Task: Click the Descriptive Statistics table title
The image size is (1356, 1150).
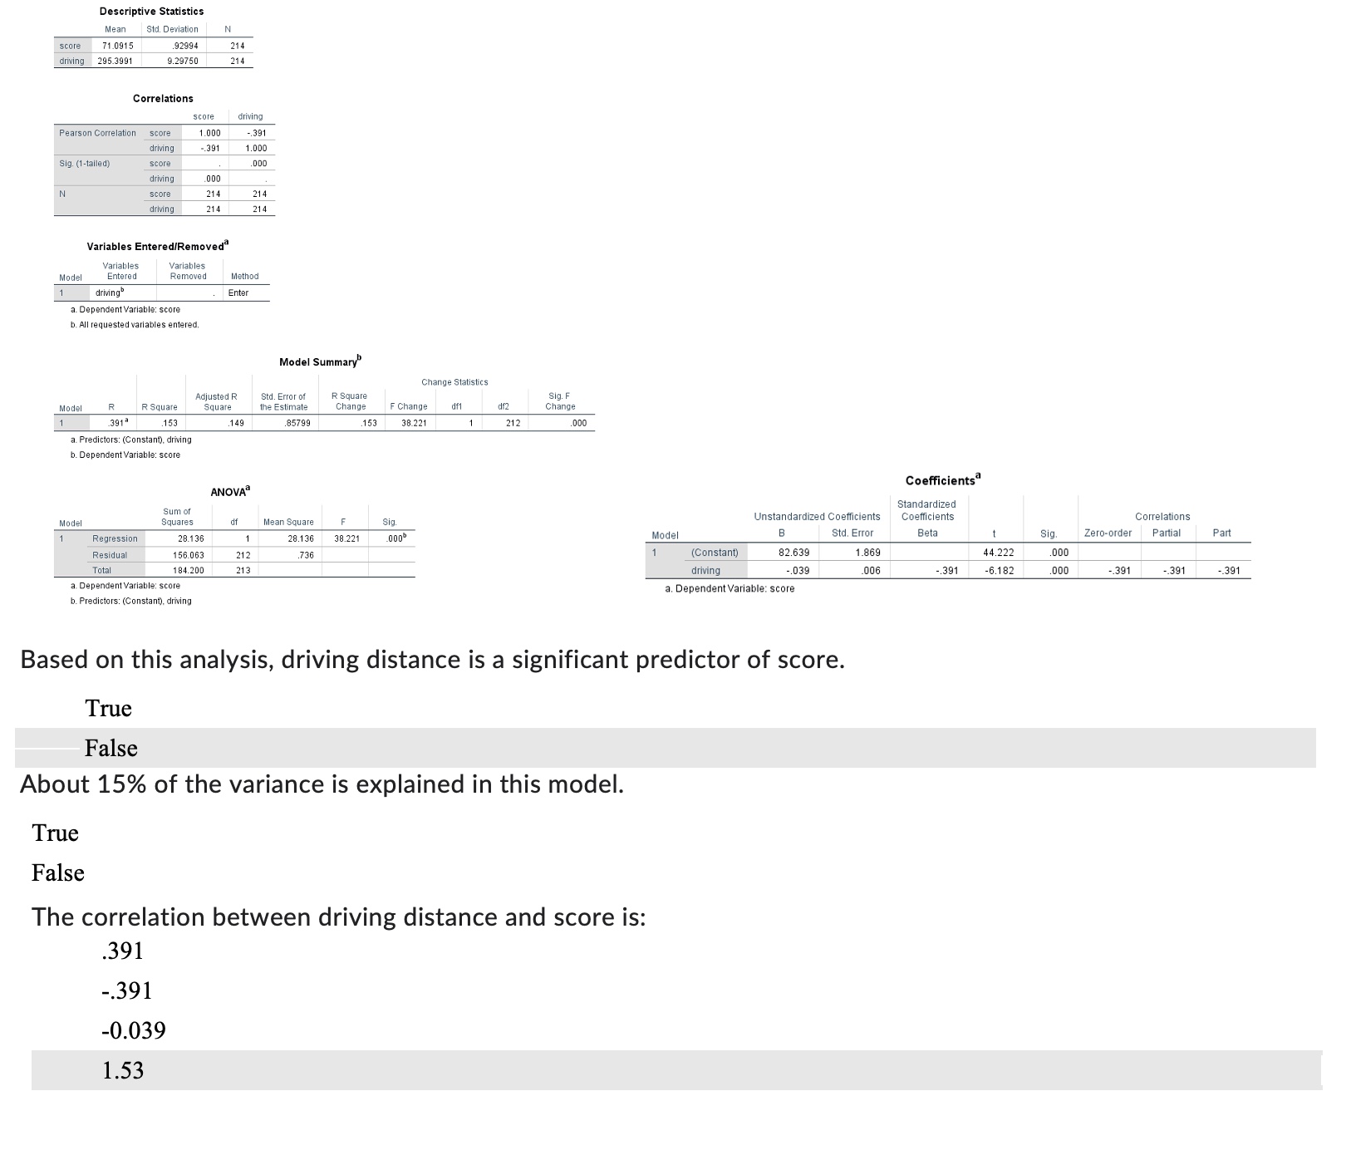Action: [x=151, y=11]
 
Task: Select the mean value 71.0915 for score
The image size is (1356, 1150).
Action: [x=117, y=46]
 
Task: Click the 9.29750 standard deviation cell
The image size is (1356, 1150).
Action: [x=182, y=61]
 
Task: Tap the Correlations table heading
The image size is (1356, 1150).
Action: [x=163, y=98]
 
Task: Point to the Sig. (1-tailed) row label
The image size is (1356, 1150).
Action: [x=84, y=164]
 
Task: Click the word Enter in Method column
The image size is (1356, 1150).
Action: [x=238, y=292]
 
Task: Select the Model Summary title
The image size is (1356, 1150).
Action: [x=320, y=362]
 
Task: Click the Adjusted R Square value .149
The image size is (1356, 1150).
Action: [x=236, y=423]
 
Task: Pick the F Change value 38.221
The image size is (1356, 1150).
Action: [x=413, y=423]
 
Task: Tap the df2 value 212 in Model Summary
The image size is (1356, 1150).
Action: [x=513, y=423]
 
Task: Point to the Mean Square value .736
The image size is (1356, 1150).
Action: [x=306, y=555]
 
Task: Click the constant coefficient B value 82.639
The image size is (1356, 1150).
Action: [x=793, y=553]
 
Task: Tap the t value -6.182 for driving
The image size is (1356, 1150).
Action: [x=999, y=571]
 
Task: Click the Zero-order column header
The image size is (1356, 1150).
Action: [x=1108, y=533]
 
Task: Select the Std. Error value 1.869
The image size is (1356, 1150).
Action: [x=867, y=553]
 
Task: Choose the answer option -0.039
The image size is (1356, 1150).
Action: [x=134, y=1030]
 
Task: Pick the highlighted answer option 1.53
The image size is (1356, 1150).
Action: [x=123, y=1070]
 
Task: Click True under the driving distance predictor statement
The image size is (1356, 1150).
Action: [x=109, y=708]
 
